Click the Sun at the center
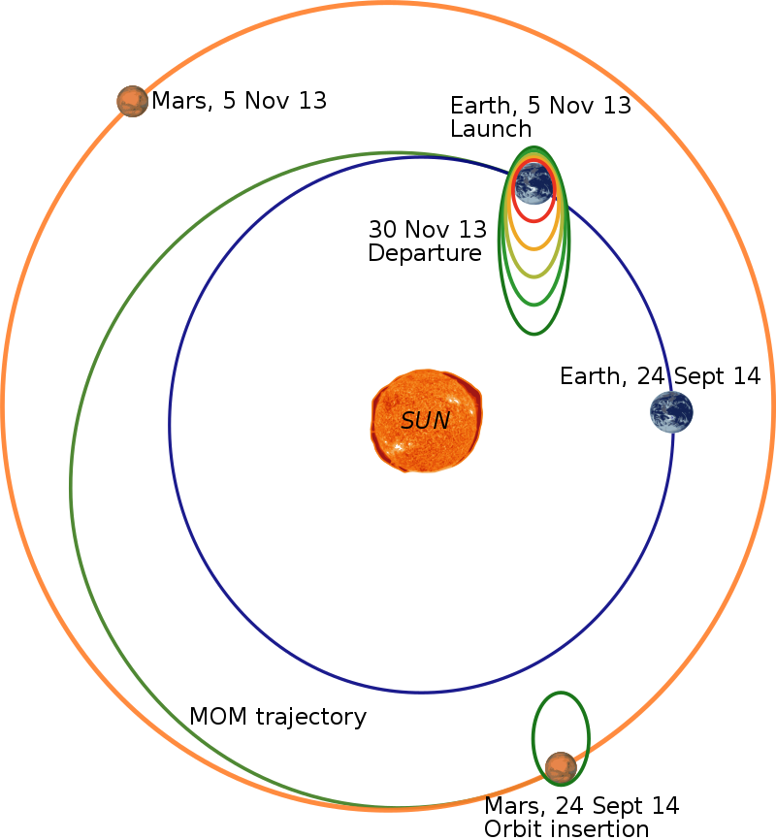tap(427, 421)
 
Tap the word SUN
tap(426, 421)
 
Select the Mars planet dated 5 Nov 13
tap(132, 101)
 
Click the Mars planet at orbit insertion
tap(561, 767)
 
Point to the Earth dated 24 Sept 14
tap(671, 411)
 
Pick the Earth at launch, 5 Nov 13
tap(533, 183)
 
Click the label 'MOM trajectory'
tap(277, 716)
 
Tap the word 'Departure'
tap(425, 253)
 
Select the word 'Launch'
tap(491, 129)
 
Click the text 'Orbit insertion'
tap(566, 828)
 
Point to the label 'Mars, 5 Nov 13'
tap(239, 101)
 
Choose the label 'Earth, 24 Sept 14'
tap(661, 376)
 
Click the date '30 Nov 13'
tap(428, 229)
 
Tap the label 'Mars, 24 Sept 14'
tap(581, 805)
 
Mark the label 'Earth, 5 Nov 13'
tap(540, 106)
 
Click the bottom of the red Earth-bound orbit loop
tap(533, 221)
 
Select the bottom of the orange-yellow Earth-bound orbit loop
tap(533, 249)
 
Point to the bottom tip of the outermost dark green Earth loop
tap(533, 334)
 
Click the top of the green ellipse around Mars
tap(561, 693)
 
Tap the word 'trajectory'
tap(311, 718)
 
